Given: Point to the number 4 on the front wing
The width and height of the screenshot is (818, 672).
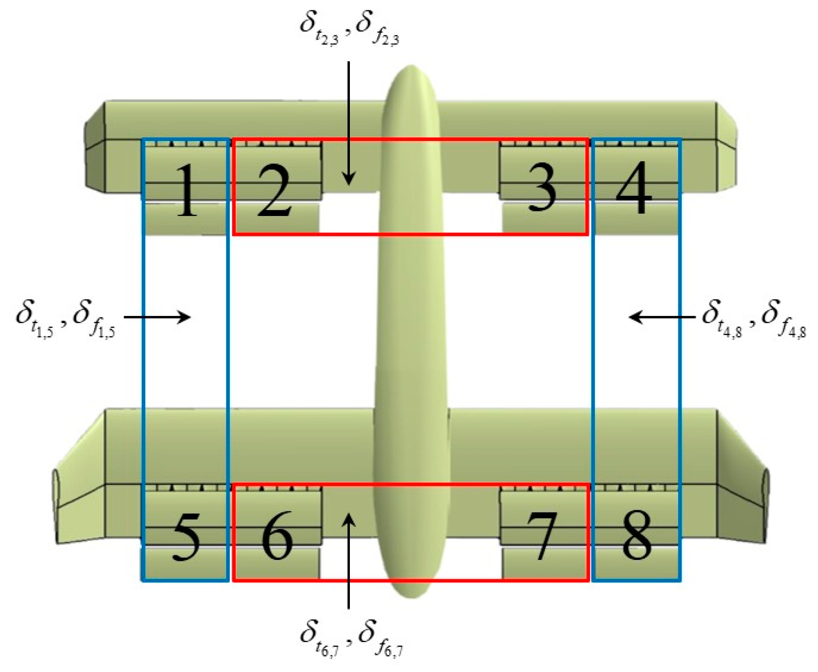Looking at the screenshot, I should [x=634, y=188].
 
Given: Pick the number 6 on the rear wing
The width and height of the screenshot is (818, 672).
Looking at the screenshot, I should [x=277, y=535].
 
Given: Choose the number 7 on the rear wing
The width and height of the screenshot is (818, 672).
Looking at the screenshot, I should [x=542, y=536].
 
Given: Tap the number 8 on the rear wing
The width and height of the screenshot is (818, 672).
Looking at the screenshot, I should [x=635, y=535].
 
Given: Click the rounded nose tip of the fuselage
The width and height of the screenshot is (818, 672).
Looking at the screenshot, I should [x=411, y=71].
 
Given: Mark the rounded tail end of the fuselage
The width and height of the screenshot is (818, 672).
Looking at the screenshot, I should [x=411, y=591].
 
